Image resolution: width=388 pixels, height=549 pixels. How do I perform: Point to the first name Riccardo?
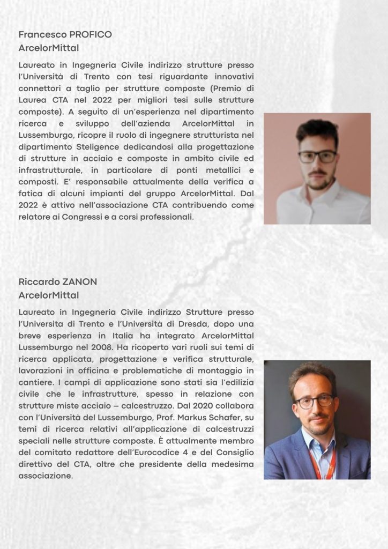click(x=38, y=282)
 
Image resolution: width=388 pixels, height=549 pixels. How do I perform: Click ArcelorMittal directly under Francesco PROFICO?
click(x=48, y=48)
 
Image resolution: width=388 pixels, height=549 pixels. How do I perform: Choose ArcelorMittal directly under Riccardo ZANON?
click(x=48, y=295)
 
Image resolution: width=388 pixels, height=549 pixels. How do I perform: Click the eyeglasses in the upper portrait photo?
click(x=317, y=156)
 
